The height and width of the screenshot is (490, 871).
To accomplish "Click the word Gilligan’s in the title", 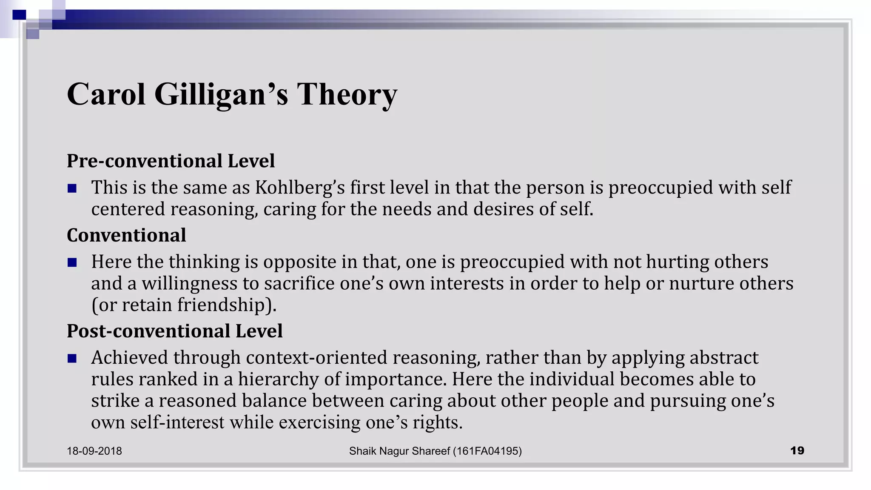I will pos(221,94).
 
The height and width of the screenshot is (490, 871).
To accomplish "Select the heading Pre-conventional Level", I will pos(171,161).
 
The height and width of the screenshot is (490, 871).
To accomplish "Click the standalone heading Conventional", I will pos(126,235).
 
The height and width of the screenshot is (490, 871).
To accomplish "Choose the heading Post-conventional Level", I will pos(174,331).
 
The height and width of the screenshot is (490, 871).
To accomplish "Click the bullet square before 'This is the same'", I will pos(72,188).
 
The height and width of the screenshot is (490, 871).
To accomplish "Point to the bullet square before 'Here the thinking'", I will pos(72,262).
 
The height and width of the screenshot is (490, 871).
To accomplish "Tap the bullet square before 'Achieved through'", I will pos(72,358).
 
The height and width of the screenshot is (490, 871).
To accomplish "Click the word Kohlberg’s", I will pos(300,188).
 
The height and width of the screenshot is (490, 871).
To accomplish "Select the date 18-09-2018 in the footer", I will pos(94,451).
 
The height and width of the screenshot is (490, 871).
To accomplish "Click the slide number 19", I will pos(797,450).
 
